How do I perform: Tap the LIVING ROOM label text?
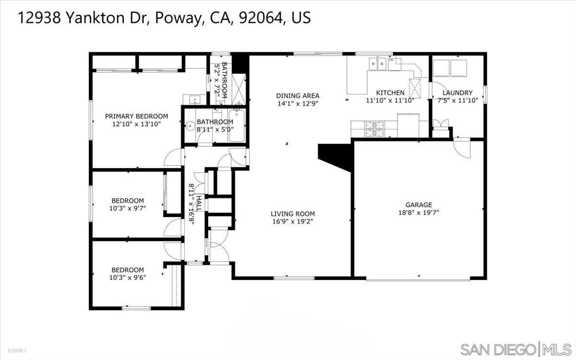pyautogui.click(x=292, y=214)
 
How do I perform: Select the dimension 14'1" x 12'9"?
pyautogui.click(x=298, y=103)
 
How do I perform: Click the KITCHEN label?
pyautogui.click(x=390, y=93)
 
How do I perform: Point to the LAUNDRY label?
pyautogui.click(x=457, y=93)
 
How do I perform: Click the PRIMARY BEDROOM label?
pyautogui.click(x=137, y=116)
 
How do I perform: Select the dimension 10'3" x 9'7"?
pyautogui.click(x=128, y=208)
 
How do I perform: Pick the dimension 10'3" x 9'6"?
pyautogui.click(x=128, y=277)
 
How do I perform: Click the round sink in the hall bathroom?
pyautogui.click(x=191, y=127)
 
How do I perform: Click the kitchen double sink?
pyautogui.click(x=378, y=64)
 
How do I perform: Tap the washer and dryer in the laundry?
pyautogui.click(x=450, y=68)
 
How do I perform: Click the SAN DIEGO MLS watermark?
pyautogui.click(x=516, y=348)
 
